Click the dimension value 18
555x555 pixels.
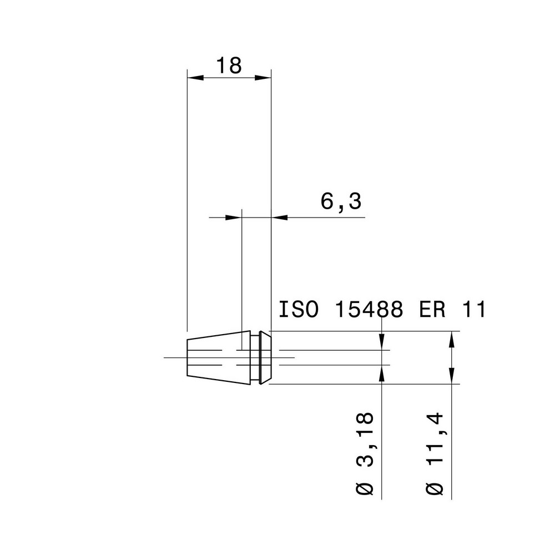click(x=229, y=65)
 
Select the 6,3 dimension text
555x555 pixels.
click(x=341, y=202)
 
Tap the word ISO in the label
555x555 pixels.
click(x=299, y=310)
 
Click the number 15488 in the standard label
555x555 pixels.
click(x=369, y=310)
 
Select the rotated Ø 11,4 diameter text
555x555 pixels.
click(x=436, y=453)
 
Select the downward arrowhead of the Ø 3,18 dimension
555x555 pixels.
click(x=382, y=343)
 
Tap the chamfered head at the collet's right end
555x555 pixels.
click(x=266, y=357)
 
